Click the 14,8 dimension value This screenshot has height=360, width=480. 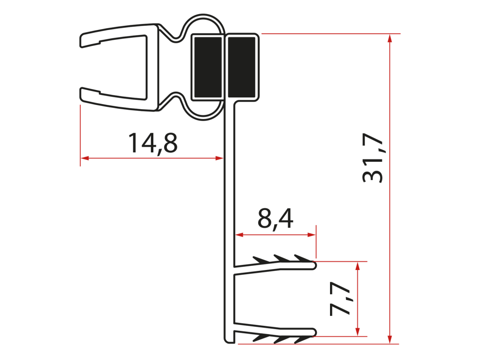point(152,143)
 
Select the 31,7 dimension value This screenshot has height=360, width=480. point(373,158)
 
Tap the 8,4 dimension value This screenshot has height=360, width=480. point(275,218)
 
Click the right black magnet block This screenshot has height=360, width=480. point(241,67)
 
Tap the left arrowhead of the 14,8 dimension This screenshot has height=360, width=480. point(84,158)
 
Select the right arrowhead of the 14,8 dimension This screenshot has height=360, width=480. point(219,158)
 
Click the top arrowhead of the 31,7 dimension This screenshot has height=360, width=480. point(390,38)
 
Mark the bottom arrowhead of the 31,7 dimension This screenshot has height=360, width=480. point(390,339)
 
